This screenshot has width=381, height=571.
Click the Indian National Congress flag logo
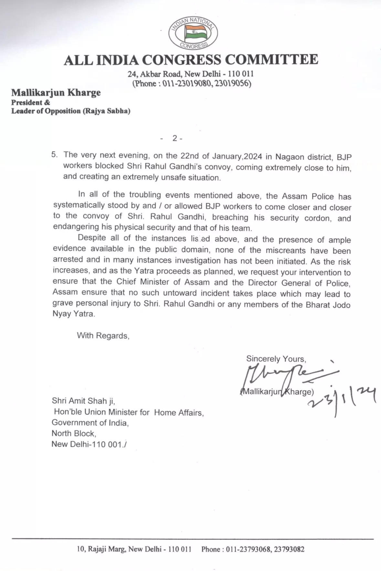pos(193,33)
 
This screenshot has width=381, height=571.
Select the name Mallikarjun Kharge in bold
pos(56,93)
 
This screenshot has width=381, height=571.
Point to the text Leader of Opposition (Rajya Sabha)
pos(71,111)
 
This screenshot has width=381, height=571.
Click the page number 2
pos(175,138)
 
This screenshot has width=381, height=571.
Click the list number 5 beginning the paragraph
pos(54,154)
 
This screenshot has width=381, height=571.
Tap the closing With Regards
pos(103,336)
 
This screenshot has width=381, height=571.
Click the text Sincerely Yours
pos(276,359)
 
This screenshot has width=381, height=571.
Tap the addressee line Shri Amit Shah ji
pos(83,401)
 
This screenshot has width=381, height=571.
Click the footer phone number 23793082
pos(289,549)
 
